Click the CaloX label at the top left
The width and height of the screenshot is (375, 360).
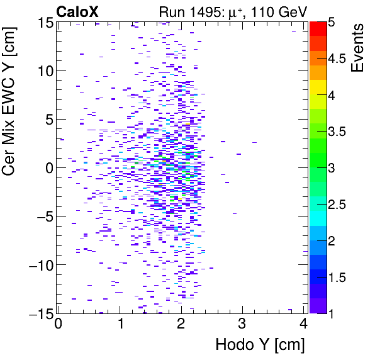pyautogui.click(x=77, y=11)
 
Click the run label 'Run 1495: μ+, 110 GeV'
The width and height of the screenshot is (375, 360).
pyautogui.click(x=232, y=11)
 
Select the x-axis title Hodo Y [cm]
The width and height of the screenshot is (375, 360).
pyautogui.click(x=260, y=345)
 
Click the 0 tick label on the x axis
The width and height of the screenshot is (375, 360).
pyautogui.click(x=59, y=325)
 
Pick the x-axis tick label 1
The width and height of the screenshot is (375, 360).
pyautogui.click(x=120, y=325)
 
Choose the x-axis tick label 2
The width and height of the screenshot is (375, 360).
pyautogui.click(x=181, y=325)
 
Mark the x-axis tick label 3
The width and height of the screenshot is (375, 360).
pyautogui.click(x=242, y=325)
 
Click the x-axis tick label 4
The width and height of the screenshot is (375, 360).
pyautogui.click(x=303, y=325)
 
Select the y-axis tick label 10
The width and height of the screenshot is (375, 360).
pyautogui.click(x=44, y=70)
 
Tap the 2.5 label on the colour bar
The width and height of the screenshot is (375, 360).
pyautogui.click(x=340, y=205)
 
